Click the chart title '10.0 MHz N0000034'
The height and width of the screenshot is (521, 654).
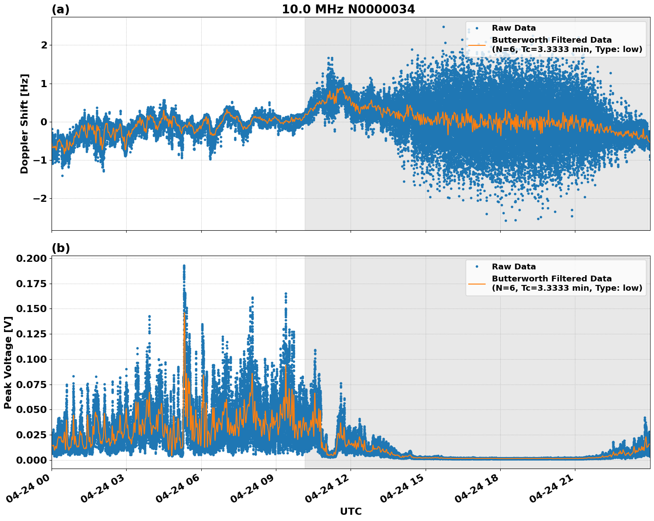pos(348,9)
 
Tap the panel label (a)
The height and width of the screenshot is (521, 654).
pos(60,9)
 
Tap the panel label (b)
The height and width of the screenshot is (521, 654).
pos(60,248)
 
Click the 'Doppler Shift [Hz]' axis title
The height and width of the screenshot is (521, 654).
pos(24,124)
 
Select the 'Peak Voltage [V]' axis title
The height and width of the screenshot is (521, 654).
pos(8,362)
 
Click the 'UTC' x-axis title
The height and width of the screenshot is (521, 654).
pos(351,512)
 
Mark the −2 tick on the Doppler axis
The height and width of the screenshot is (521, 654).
pos(39,199)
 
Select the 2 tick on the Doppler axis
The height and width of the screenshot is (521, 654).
pos(44,45)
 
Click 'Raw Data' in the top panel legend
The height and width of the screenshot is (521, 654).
pos(514,28)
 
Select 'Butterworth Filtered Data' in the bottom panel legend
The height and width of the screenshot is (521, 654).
pos(551,279)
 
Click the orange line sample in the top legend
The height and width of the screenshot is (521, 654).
pos(477,45)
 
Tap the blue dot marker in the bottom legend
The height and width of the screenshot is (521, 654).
pos(477,267)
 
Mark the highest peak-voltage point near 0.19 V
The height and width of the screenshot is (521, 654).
pos(184,266)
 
